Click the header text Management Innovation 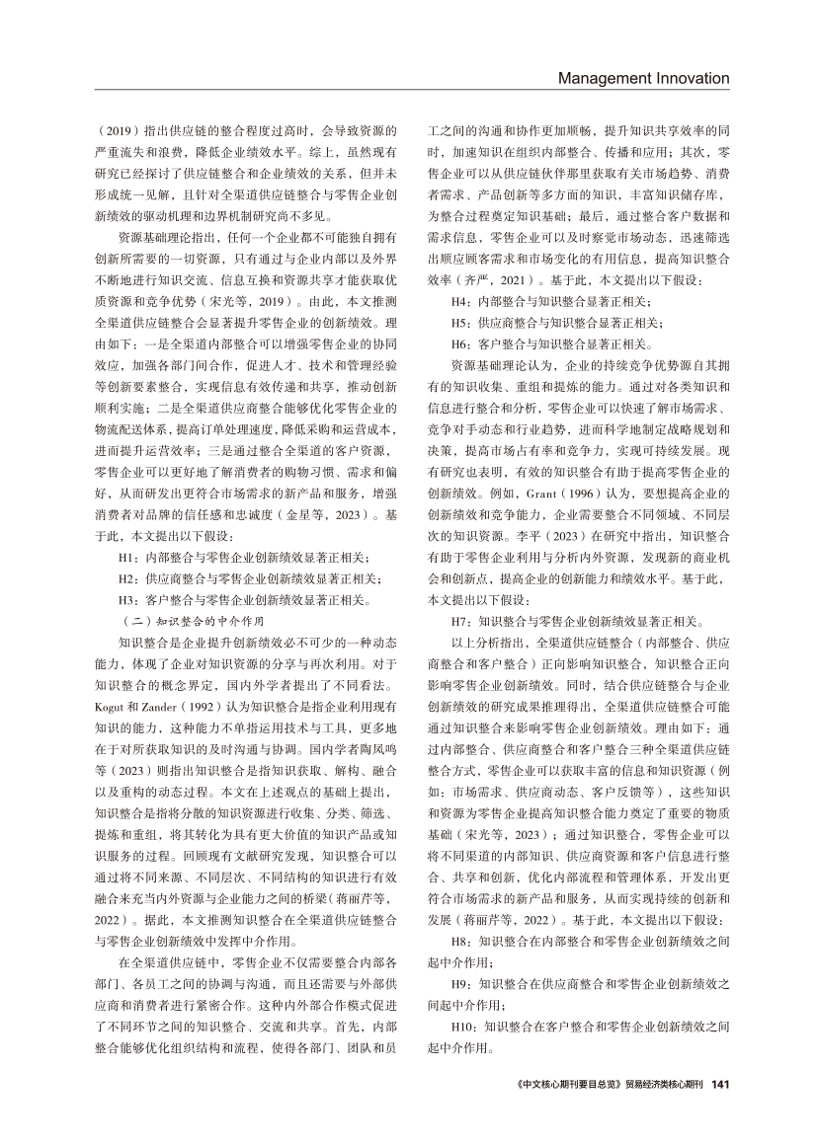pos(643,78)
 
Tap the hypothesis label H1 pos(125,557)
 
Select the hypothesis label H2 pos(125,577)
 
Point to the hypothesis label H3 pos(125,598)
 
